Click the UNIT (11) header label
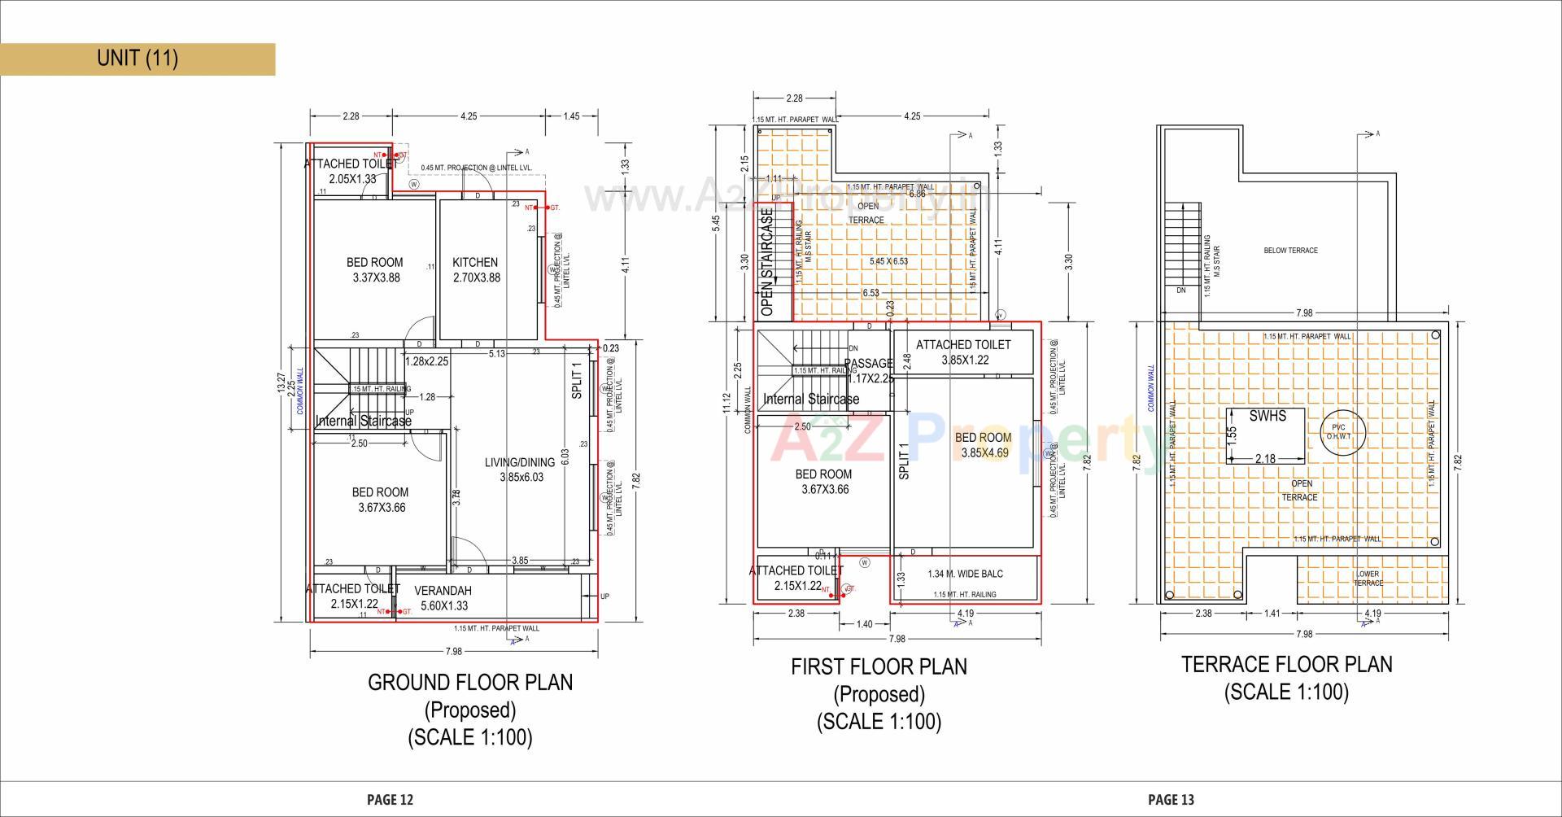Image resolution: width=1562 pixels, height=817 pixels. point(137,59)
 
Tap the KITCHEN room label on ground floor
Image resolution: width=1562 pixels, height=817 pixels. point(475,262)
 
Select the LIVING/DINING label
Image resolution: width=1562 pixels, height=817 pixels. point(520,462)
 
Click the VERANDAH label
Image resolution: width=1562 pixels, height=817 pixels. point(443,591)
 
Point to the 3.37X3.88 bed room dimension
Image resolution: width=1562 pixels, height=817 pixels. point(376,277)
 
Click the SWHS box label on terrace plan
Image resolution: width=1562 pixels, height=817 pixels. point(1267,417)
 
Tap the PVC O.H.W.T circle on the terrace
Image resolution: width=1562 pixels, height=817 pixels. point(1338,432)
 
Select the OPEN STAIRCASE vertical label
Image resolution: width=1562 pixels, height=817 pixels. point(766,263)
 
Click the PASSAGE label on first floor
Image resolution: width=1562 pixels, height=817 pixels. point(868,364)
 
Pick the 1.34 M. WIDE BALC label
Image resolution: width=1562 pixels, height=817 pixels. point(965,574)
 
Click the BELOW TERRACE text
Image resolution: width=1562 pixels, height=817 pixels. point(1290,251)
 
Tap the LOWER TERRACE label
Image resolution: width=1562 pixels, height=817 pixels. point(1368,579)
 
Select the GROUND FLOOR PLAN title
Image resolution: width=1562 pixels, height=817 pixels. point(470,682)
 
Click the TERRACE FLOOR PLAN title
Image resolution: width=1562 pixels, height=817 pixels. point(1286,664)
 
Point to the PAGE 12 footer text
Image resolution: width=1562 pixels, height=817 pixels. point(390,800)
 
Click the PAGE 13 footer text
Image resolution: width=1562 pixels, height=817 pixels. point(1171,800)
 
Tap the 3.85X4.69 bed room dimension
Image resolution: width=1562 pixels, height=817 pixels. point(984,453)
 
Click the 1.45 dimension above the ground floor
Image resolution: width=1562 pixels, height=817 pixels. point(571,116)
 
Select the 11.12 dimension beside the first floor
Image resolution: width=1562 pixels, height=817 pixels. point(727,403)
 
